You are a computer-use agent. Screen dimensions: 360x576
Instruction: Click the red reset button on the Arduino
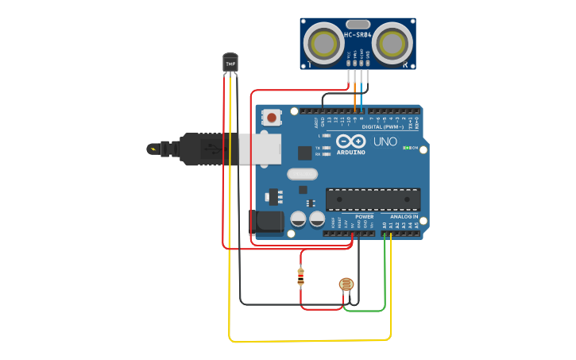273,118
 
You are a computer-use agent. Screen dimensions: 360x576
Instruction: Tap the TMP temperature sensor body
230,62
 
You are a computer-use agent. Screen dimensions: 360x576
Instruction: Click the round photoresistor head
346,285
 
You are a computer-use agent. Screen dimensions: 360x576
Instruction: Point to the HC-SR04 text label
358,35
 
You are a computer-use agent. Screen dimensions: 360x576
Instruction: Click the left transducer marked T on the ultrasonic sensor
324,43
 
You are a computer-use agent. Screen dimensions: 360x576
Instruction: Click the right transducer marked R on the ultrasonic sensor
392,43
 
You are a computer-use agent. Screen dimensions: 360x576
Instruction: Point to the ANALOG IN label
404,216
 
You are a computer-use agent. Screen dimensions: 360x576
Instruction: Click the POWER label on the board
364,216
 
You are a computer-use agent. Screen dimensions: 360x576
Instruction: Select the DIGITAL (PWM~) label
381,126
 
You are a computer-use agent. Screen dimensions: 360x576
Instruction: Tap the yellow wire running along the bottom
310,341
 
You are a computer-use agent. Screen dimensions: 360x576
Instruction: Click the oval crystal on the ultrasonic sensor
358,24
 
